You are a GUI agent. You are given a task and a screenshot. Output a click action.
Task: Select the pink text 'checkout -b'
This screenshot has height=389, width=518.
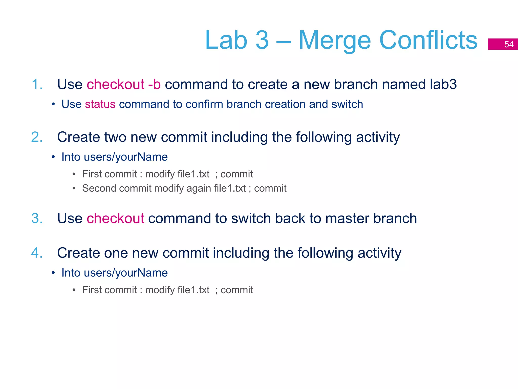point(124,84)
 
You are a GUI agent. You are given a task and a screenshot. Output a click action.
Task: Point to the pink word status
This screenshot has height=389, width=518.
point(100,104)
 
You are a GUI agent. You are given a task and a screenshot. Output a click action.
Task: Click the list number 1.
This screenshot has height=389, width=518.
point(37,84)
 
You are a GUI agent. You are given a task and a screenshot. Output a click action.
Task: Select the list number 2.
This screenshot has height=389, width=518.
point(37,137)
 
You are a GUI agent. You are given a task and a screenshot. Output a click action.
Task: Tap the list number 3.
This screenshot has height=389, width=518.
point(37,218)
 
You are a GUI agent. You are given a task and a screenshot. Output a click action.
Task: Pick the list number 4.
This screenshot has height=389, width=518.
point(37,253)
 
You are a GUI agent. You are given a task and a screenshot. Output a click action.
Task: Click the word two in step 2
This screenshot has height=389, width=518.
point(115,137)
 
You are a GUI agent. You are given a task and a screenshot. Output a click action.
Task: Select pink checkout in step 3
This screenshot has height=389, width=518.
point(115,218)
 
